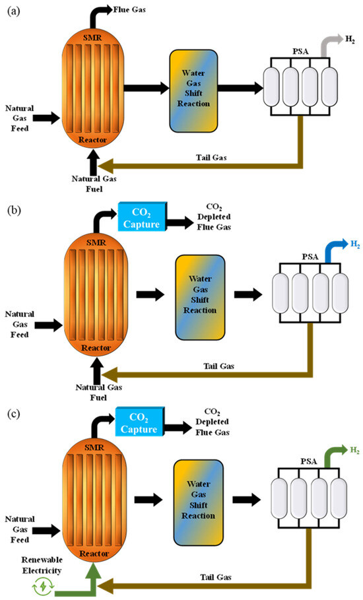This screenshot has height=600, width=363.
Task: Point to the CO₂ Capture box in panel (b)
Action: coord(142,217)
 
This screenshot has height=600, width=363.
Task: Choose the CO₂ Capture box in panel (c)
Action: coord(140,422)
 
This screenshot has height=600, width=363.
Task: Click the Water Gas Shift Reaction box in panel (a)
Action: coord(193,90)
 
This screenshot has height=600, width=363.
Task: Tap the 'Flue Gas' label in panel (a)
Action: coord(129,9)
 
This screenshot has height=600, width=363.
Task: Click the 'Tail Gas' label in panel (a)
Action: coord(211,157)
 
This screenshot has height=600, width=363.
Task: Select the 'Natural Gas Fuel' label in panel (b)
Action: coord(99,392)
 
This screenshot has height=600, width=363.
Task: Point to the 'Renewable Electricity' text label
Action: coord(42,565)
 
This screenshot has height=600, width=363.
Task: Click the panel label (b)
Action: coord(14,211)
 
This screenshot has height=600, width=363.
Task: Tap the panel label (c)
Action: coord(14,414)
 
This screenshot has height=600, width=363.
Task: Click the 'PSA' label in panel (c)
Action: coord(308,461)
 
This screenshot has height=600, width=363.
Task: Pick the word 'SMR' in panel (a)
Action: coord(92,38)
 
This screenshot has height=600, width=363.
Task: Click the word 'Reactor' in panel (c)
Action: coord(94,553)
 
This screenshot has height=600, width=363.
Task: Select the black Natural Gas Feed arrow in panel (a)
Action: coord(46,118)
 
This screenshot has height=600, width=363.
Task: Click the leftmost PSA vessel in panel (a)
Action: coord(271,87)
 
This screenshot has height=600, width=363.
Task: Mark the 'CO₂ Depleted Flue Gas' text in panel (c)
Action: coord(213,422)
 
